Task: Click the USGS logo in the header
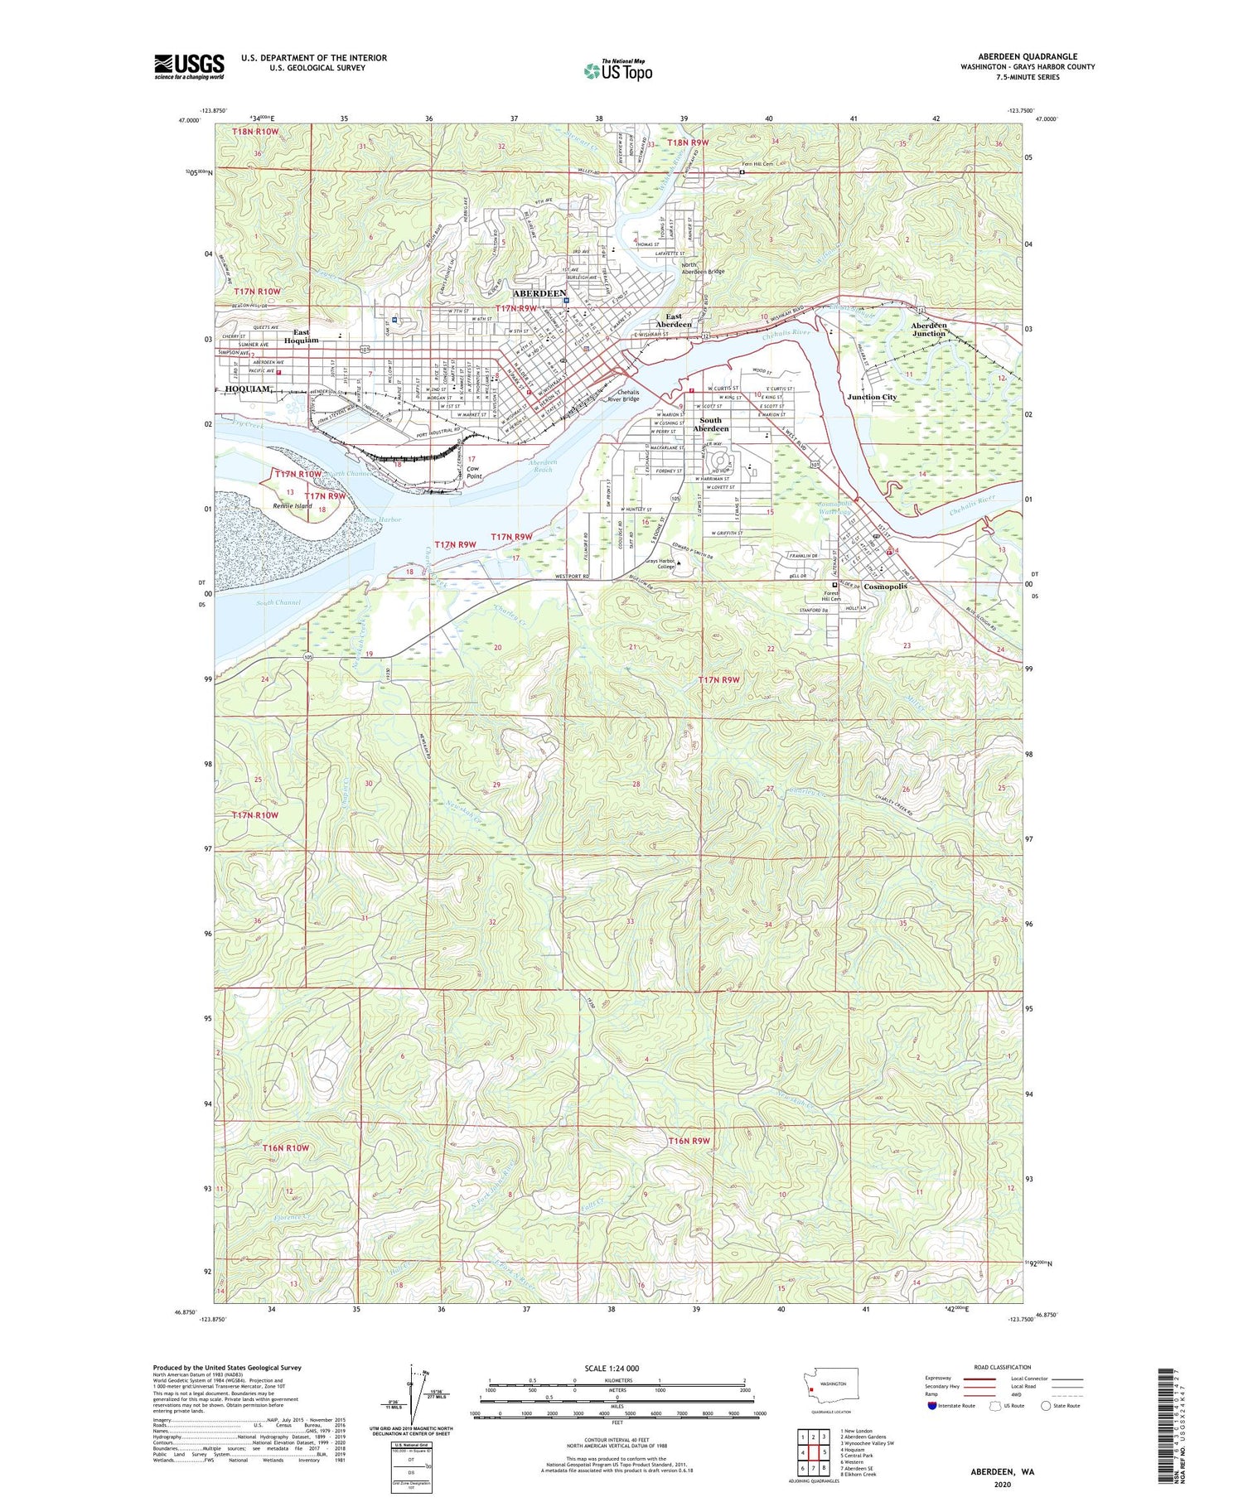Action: [x=189, y=66]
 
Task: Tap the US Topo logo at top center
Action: [x=617, y=71]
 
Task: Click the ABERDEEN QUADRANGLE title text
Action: [x=1028, y=56]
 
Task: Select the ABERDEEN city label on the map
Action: [x=539, y=293]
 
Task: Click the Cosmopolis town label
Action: [x=885, y=587]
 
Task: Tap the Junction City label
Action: [x=872, y=397]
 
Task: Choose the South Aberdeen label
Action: [x=710, y=424]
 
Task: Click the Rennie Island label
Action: [x=293, y=505]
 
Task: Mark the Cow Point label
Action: [x=474, y=472]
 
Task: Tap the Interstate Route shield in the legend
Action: [x=933, y=1406]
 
